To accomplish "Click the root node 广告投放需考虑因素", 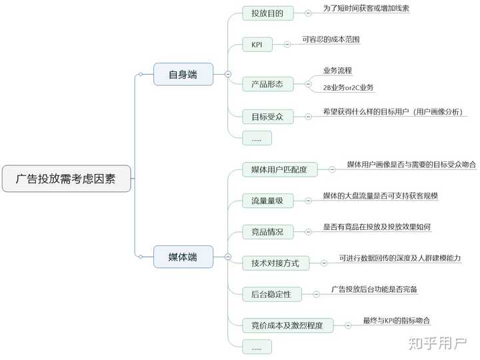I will [66, 179].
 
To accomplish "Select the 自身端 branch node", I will [183, 74].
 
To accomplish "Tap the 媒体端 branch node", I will [183, 257].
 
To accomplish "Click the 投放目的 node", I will [267, 13].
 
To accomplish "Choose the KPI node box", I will [257, 45].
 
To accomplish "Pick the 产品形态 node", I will [267, 84].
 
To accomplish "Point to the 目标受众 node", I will [267, 117].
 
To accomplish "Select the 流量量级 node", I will [267, 200].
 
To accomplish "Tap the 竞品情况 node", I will [267, 232].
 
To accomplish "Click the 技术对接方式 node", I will [275, 263].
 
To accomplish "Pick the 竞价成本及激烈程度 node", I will [287, 325].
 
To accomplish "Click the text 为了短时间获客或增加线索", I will [366, 9].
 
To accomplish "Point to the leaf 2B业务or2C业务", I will [348, 88].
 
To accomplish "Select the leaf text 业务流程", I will [337, 71].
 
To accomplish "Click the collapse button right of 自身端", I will [228, 74].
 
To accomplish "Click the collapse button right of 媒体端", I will [228, 257].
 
